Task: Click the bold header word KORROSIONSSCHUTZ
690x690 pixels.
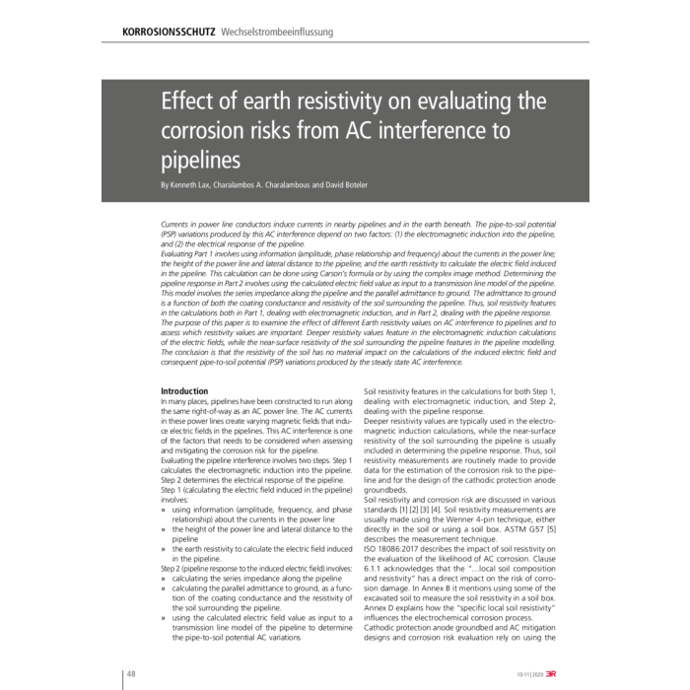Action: point(169,32)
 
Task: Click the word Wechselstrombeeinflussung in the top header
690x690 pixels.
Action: point(279,32)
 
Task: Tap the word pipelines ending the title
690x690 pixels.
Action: point(200,159)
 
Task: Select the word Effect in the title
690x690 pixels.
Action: point(194,102)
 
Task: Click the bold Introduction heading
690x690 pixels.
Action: point(184,391)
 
